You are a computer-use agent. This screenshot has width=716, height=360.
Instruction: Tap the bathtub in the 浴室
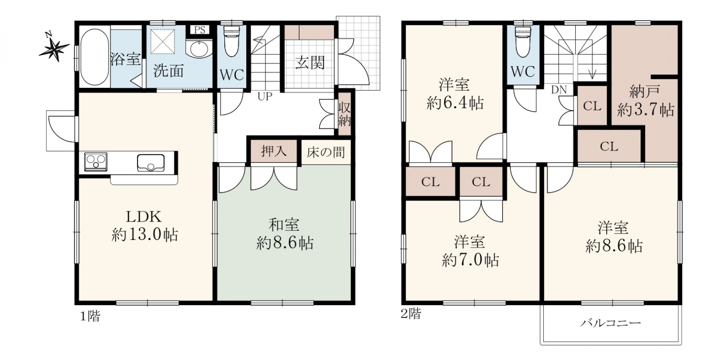[x=95, y=57]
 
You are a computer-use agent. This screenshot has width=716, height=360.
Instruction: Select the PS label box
[x=200, y=30]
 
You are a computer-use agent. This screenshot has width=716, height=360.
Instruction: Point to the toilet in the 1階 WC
[x=232, y=41]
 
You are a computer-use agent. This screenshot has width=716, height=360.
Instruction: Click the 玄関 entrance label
[x=310, y=63]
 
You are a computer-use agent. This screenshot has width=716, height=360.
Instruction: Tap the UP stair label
[x=265, y=96]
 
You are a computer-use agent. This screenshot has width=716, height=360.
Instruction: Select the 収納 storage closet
[x=345, y=114]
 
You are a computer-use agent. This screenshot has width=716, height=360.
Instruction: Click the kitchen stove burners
[x=95, y=161]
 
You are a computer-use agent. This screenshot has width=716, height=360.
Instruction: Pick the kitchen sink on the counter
[x=150, y=163]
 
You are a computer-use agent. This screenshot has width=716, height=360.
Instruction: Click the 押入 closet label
[x=274, y=151]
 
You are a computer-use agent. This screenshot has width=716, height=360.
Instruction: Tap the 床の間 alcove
[x=326, y=152]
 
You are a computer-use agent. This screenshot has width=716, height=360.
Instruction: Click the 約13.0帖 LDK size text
[x=145, y=235]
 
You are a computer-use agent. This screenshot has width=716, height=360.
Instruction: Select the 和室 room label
[x=284, y=225]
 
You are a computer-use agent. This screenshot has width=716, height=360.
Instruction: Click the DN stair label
[x=559, y=90]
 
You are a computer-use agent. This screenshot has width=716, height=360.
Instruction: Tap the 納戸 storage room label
[x=644, y=92]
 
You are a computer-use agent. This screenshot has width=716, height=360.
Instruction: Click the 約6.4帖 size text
[x=455, y=103]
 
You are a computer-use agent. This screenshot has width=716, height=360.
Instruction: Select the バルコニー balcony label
[x=611, y=323]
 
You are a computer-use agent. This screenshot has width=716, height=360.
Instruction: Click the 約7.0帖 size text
[x=470, y=260]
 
